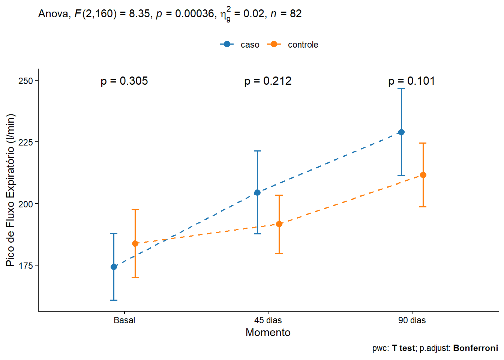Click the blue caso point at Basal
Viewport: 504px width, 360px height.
[114, 267]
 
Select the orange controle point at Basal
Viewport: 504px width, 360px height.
[135, 243]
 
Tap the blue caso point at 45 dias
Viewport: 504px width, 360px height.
[257, 193]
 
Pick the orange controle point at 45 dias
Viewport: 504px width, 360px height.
[279, 224]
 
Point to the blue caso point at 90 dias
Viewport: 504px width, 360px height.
[401, 132]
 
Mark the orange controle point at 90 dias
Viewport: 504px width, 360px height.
[423, 175]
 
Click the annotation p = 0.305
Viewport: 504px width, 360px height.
[124, 81]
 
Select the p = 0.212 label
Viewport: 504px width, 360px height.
[268, 81]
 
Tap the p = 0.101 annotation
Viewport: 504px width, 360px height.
[411, 81]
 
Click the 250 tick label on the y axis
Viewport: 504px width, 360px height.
[25, 81]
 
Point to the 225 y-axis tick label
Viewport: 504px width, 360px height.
[25, 142]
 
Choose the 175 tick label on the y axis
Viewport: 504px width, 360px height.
[25, 266]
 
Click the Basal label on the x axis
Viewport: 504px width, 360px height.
[124, 320]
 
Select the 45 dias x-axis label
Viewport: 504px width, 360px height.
[268, 320]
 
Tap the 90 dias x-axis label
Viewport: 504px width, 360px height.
[412, 320]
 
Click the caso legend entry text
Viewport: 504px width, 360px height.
[250, 45]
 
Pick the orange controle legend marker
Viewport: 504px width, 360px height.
[274, 44]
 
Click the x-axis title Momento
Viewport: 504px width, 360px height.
[268, 332]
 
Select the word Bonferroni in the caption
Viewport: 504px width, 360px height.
[475, 348]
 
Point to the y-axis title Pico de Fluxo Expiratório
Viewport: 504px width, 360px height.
[10, 190]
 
